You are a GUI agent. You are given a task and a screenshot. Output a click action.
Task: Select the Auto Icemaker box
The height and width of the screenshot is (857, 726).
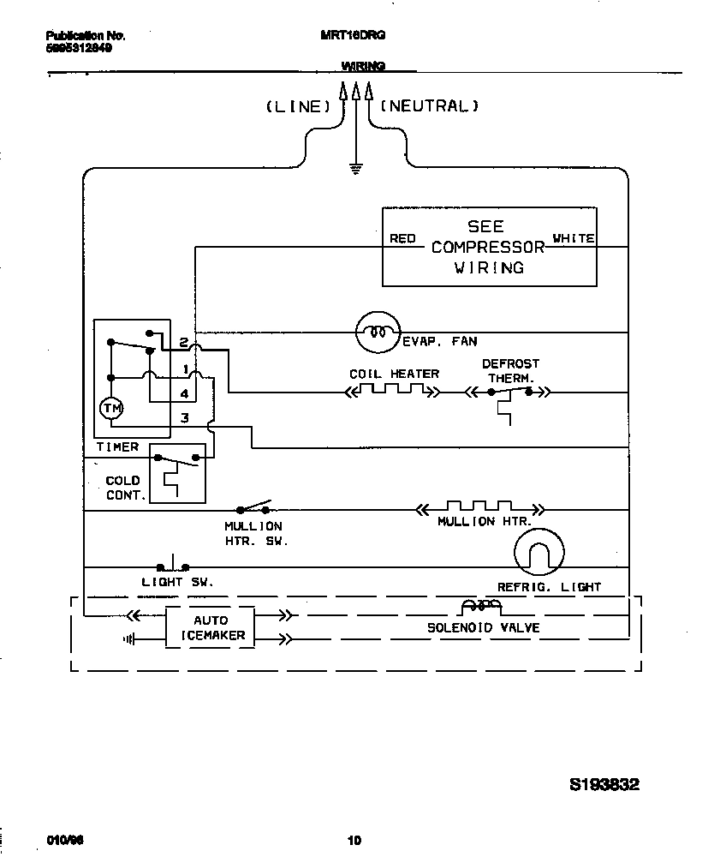209,627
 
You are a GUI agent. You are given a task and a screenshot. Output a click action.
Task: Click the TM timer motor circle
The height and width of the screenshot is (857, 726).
112,409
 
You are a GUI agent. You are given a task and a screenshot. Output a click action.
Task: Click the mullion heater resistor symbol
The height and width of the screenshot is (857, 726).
479,508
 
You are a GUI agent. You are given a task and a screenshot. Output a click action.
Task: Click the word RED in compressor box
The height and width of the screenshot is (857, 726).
402,239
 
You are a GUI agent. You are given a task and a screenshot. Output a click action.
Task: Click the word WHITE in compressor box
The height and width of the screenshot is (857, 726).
574,239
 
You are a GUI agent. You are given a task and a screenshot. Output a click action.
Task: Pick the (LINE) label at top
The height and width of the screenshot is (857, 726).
297,106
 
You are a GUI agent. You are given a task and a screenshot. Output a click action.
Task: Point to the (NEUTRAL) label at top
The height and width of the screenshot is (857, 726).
428,106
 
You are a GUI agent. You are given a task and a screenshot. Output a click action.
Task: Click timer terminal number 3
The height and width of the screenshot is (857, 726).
184,417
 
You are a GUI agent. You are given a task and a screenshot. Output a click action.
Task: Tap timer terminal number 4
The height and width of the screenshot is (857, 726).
184,393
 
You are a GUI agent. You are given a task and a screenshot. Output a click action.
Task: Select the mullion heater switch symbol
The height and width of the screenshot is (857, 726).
254,506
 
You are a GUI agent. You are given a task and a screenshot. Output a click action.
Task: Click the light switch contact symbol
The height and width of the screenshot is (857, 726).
173,566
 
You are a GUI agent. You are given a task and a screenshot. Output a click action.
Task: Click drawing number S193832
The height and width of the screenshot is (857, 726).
604,784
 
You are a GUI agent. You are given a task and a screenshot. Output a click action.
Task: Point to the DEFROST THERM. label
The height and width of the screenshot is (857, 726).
510,370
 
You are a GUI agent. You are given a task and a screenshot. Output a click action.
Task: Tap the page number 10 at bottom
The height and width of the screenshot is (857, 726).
354,840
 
